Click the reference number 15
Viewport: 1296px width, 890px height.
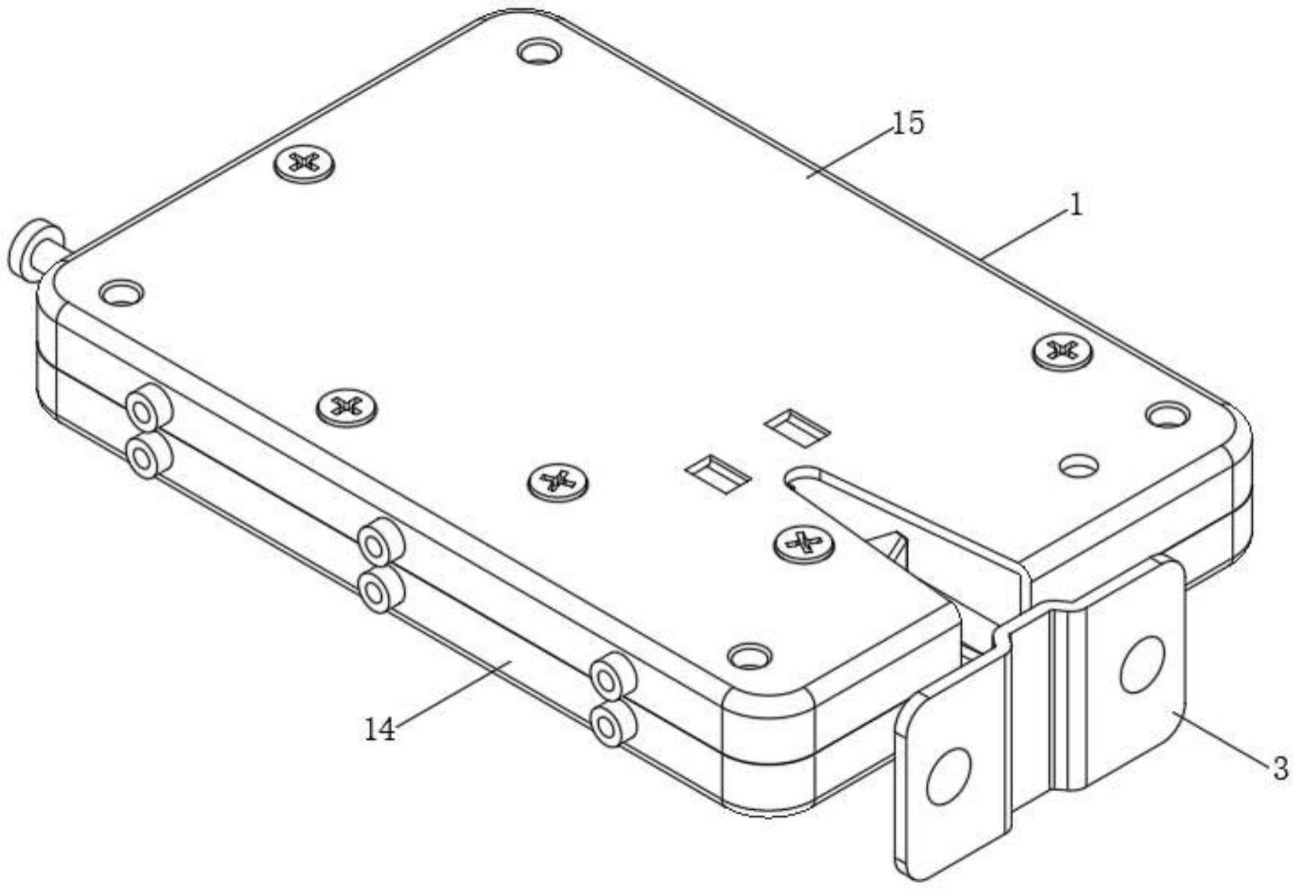pos(908,124)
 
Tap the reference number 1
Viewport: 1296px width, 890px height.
pos(1075,206)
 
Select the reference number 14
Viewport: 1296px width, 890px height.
pos(380,730)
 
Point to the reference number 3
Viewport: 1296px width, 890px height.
pos(1279,768)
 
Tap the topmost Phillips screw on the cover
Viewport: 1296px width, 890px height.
pos(304,164)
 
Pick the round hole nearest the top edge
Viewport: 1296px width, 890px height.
pos(540,52)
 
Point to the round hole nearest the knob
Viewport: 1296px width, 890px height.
pos(121,292)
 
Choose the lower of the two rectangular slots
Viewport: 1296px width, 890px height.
pos(718,472)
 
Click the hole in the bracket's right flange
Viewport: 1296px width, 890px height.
pos(1142,664)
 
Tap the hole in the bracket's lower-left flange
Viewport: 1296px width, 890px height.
pos(947,776)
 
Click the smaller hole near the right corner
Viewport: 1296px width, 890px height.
pos(1079,466)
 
